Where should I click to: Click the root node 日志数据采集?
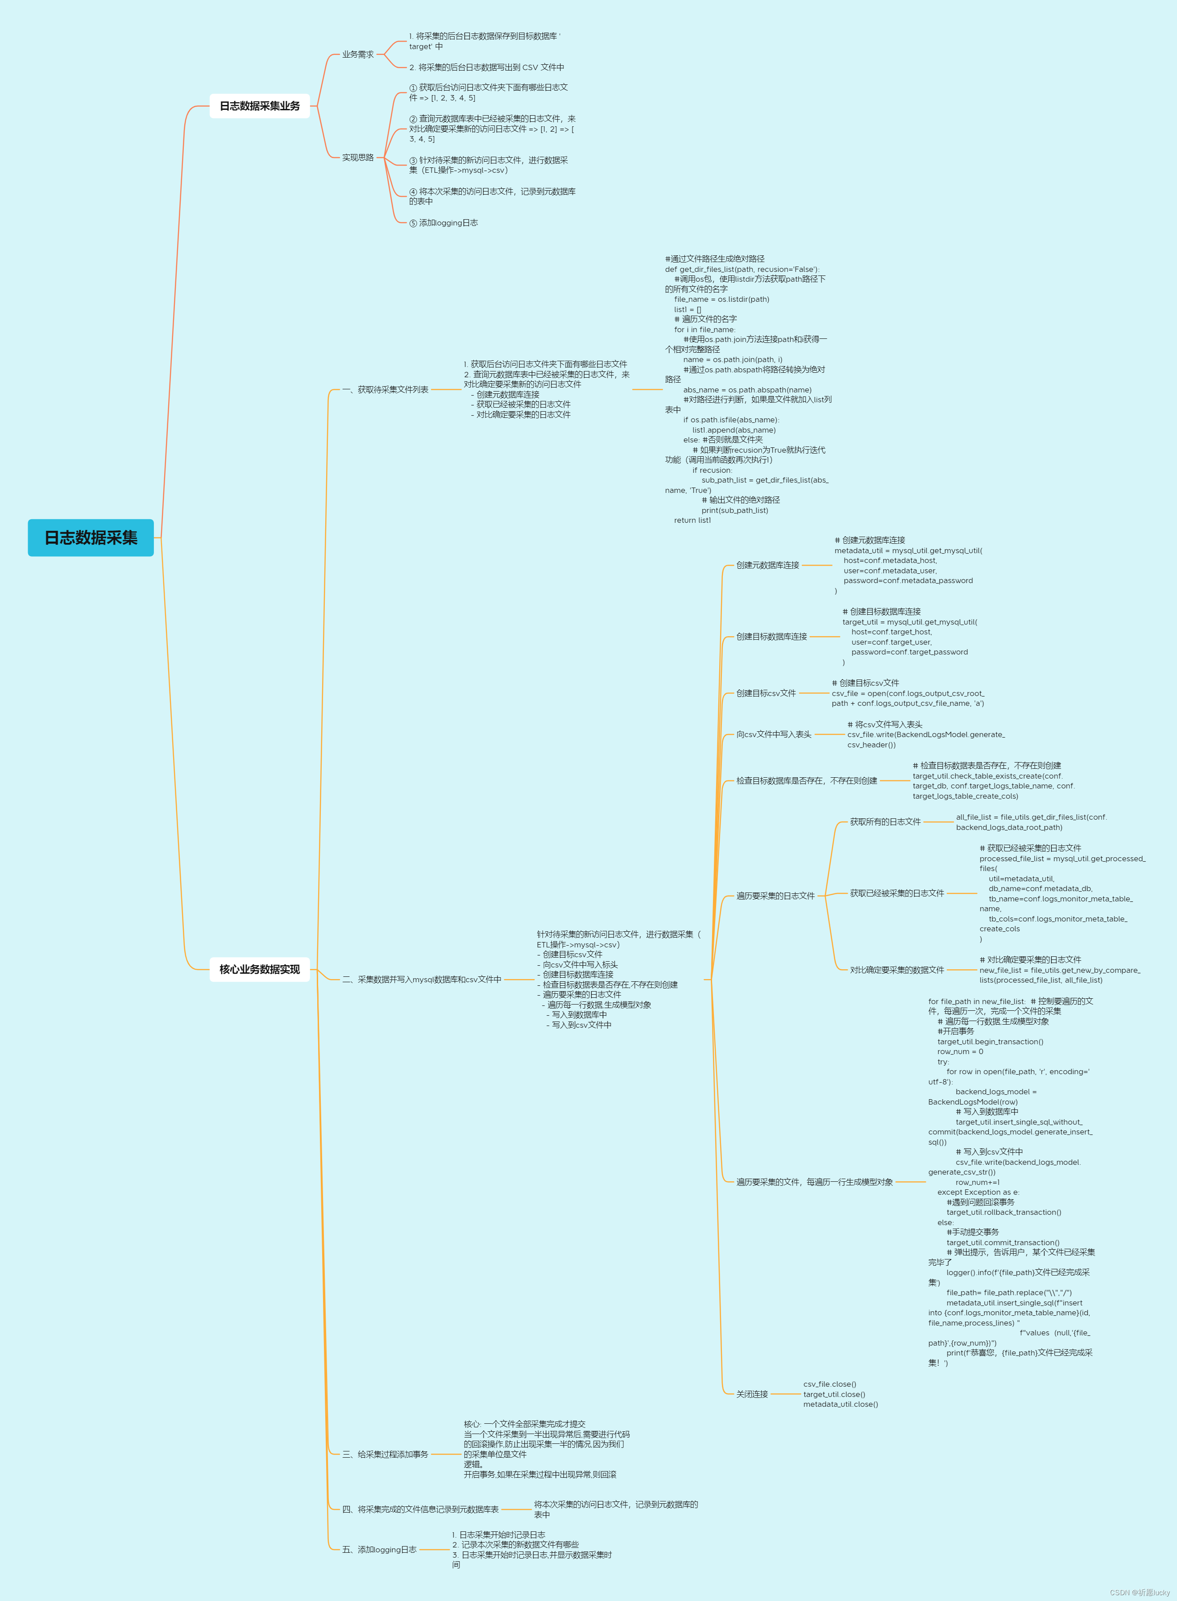91,538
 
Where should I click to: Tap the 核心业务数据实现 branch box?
259,969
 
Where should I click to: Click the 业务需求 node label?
358,54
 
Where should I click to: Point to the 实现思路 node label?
358,158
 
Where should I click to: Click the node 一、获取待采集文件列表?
385,390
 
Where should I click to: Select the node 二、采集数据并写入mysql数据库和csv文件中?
422,980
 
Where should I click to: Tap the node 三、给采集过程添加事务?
385,1454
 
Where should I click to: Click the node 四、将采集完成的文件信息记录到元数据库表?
420,1509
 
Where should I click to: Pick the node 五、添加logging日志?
379,1550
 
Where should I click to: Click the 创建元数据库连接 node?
767,565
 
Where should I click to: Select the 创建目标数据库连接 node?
771,637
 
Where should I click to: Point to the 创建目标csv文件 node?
766,693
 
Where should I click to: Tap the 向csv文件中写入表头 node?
774,734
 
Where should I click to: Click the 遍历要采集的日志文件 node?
775,896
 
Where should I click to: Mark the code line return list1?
692,521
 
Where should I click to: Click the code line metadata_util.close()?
841,1404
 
